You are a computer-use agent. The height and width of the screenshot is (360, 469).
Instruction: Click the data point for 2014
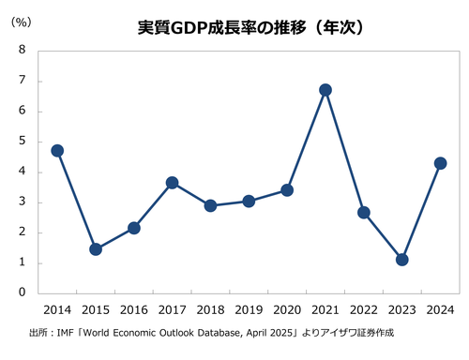pos(56,150)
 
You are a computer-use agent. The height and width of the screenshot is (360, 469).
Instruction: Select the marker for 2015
pos(95,249)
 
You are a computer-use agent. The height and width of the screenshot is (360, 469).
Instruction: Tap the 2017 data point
pos(172,183)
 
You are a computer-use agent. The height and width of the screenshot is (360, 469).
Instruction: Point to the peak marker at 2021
pos(325,90)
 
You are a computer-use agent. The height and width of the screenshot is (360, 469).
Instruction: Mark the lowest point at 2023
pos(401,260)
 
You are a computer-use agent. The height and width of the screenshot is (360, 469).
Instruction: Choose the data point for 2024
pos(440,163)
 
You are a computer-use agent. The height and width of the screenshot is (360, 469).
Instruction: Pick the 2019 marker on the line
pos(249,201)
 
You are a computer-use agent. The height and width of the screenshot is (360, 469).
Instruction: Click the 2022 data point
pos(363,212)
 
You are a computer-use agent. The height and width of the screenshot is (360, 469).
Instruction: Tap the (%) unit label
pos(20,22)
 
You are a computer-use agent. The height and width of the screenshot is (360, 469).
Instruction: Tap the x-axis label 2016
pos(133,310)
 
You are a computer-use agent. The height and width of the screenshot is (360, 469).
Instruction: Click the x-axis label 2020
pos(286,310)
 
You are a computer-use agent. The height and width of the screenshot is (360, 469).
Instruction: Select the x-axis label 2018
pos(210,310)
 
